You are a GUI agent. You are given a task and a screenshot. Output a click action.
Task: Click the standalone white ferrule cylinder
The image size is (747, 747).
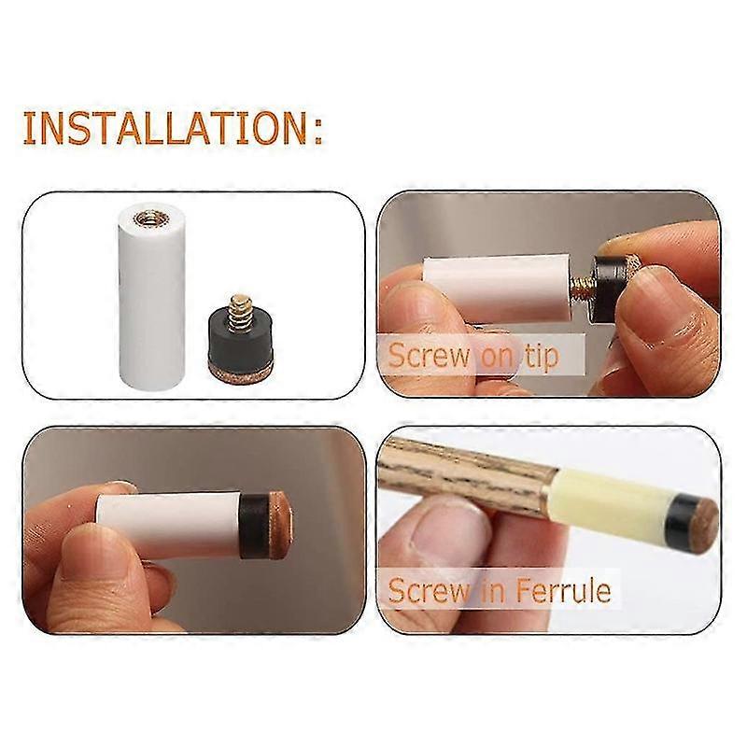(151, 299)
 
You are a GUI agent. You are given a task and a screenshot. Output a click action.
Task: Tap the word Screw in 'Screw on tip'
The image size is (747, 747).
(429, 355)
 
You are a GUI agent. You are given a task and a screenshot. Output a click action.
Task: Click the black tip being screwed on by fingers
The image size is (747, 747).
(605, 289)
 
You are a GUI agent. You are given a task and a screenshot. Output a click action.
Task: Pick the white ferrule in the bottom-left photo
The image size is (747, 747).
(168, 524)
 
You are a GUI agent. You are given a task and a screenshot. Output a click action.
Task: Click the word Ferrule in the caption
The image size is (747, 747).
(563, 591)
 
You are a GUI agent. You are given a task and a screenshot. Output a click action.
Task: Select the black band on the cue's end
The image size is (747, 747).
(678, 520)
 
